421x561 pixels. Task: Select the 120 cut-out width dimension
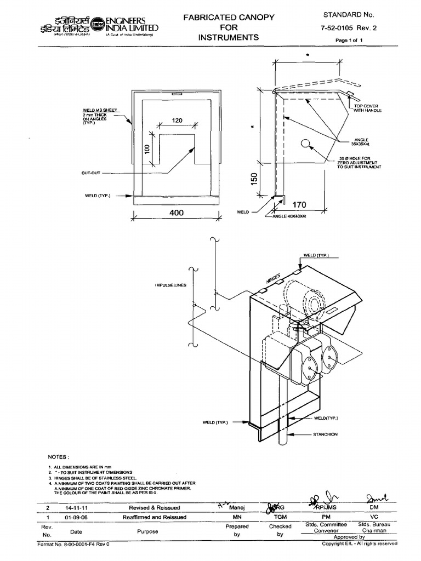click(176, 120)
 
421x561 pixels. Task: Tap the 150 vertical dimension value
click(253, 180)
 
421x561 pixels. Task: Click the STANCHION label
click(325, 434)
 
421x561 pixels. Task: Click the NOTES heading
click(59, 456)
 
